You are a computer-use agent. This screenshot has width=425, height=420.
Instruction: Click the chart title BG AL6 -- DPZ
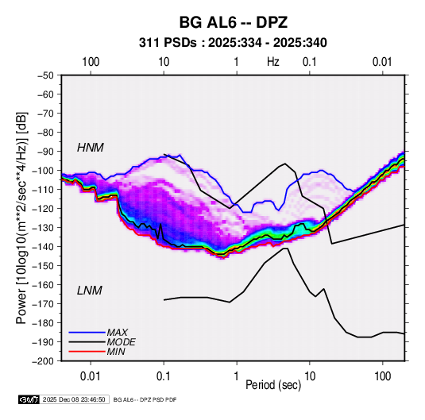233,22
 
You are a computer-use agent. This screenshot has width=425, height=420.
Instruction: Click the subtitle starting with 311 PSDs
233,43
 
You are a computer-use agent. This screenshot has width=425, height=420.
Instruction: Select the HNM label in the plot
91,148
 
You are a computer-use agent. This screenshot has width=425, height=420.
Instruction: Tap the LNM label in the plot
90,291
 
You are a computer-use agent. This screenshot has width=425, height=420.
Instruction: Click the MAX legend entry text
117,333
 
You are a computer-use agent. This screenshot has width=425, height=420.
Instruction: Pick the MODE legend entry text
121,342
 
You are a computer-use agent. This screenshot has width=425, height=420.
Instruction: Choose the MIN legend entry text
116,352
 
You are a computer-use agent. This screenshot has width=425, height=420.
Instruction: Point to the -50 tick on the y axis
45,75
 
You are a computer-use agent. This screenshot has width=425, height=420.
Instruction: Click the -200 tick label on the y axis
43,361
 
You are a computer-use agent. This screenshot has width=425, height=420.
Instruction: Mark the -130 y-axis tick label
43,228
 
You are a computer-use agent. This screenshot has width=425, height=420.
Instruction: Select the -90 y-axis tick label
45,152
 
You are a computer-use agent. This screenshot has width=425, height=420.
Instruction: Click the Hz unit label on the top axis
273,62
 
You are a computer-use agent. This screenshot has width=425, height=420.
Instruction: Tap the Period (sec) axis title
273,385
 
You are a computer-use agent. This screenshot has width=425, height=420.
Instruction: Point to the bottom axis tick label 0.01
91,376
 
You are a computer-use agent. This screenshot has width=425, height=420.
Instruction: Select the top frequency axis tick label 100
91,62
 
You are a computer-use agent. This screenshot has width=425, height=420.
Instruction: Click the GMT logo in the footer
29,399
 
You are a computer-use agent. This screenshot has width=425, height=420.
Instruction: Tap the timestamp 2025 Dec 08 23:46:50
74,399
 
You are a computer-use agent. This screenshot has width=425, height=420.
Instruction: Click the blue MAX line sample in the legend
87,333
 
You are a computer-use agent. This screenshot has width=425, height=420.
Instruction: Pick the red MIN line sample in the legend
87,352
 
